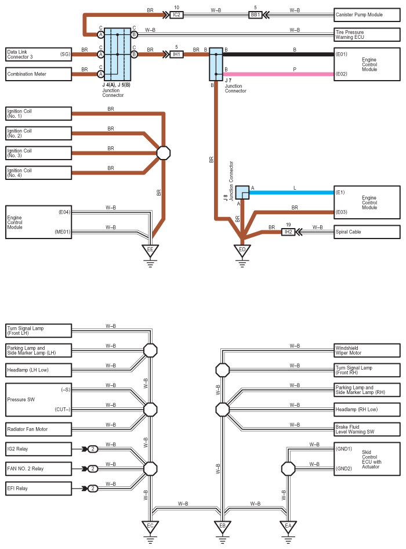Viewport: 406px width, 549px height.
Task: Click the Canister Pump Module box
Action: (367, 15)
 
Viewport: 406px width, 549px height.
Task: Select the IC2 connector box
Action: (176, 15)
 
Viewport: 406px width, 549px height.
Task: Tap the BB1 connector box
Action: (255, 15)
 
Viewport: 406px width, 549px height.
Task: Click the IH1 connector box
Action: (176, 55)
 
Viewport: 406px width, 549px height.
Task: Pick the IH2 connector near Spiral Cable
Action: (288, 232)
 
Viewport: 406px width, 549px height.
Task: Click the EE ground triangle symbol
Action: (150, 250)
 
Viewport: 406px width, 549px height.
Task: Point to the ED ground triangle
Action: (242, 250)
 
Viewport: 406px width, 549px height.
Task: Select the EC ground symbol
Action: (150, 526)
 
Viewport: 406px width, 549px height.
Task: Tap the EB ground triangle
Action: (222, 526)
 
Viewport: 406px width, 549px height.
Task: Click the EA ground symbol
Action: (288, 526)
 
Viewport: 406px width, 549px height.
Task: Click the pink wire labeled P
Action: (278, 74)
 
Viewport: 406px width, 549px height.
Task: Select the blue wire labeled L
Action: (292, 193)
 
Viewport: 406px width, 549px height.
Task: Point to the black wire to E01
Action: (278, 55)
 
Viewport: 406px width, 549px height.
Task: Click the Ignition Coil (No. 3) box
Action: (38, 153)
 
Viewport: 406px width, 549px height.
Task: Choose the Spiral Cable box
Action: (367, 232)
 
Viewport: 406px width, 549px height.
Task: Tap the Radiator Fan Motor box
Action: (38, 429)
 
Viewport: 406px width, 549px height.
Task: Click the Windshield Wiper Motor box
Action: (367, 351)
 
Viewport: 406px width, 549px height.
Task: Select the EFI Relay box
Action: (38, 489)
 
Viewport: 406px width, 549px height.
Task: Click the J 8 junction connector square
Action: (242, 193)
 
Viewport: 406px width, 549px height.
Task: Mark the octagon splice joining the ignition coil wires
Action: (163, 153)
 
